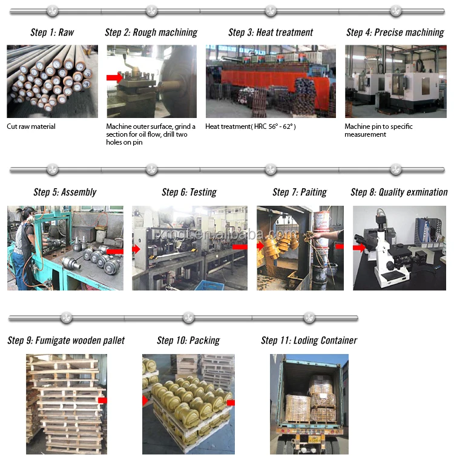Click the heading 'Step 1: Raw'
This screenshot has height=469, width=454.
coord(52,33)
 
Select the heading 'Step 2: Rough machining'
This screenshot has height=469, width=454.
coord(151,33)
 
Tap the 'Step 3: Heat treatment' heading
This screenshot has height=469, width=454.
coord(271,33)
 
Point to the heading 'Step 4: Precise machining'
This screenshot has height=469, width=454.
coord(395,33)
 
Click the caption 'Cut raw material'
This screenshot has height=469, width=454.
coord(31,126)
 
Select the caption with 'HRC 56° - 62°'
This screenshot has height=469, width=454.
coord(251,126)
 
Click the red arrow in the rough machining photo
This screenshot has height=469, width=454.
coord(114,77)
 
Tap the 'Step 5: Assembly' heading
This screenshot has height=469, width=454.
coord(65,192)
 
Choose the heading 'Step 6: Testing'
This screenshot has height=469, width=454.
coord(189,192)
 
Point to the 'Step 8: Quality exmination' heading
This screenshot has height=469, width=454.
coord(399,192)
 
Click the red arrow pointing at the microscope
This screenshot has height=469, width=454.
coord(360,248)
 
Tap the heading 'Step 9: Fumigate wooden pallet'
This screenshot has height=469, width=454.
coord(66,341)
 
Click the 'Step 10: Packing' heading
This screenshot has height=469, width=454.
coord(188,341)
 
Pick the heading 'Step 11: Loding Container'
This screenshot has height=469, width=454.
coord(309,341)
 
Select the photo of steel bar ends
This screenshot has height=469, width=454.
coord(51,81)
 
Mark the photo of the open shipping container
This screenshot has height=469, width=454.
coord(309,404)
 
